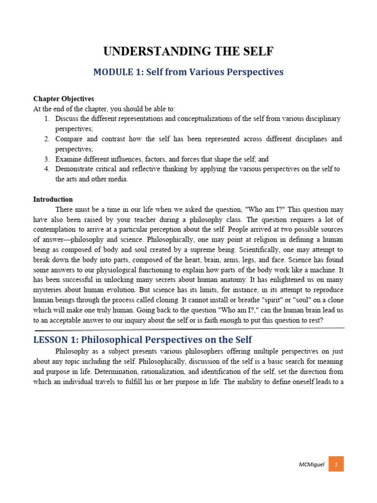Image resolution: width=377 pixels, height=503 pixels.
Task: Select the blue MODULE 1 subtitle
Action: click(188, 72)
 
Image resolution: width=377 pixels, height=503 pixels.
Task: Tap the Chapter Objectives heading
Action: click(63, 99)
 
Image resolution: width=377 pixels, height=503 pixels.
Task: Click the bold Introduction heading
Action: click(53, 199)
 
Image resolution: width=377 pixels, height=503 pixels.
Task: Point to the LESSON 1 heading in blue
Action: click(142, 339)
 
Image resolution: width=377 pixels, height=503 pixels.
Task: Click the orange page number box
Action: click(336, 464)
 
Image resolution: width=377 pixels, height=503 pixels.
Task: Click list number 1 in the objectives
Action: click(47, 119)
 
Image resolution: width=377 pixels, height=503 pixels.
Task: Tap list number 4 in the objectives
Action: click(47, 169)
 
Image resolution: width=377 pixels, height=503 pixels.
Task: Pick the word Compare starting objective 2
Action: click(70, 139)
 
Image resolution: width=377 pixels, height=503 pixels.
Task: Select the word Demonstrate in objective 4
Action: click(76, 169)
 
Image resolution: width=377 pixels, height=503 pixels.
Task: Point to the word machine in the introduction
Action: click(331, 270)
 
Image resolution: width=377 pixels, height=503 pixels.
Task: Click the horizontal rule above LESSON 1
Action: click(188, 328)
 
